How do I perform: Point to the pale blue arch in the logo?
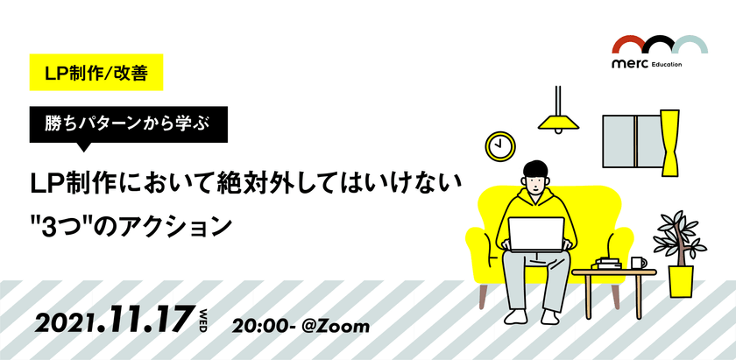click(690, 45)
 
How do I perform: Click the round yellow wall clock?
click(501, 145)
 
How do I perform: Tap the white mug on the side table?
click(638, 261)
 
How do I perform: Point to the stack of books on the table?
click(609, 263)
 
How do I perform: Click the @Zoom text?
click(336, 325)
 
